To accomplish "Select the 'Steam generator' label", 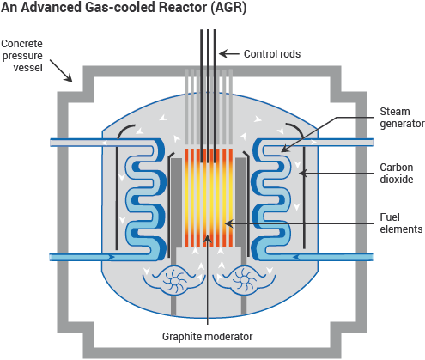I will tap(402, 116).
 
